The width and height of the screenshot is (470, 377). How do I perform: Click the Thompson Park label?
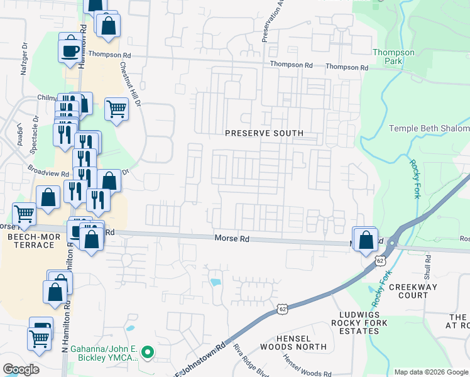coord(394,57)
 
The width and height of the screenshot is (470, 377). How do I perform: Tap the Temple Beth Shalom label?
coord(429,129)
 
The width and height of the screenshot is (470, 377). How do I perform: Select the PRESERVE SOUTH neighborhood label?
coord(265,133)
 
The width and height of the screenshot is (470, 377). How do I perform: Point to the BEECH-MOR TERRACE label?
coord(31,241)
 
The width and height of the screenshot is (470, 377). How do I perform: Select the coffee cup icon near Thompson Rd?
coord(69,49)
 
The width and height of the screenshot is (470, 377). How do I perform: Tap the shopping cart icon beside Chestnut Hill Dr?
coord(116,108)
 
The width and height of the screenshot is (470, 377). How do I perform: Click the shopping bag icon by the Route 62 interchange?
coord(366,239)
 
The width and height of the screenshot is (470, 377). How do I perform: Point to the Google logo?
coord(21,369)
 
